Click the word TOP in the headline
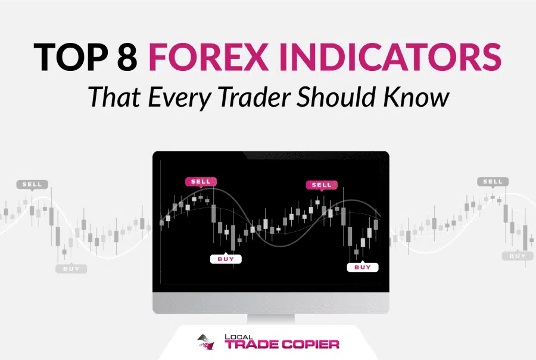[x=71, y=57]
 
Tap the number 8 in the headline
[x=127, y=57]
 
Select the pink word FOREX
[x=208, y=57]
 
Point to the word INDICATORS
[x=390, y=57]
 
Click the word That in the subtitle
[x=114, y=97]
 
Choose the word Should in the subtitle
[x=336, y=97]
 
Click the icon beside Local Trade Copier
[x=207, y=342]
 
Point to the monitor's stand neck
[x=270, y=319]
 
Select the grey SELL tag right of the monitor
[x=493, y=182]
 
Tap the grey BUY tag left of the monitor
[x=71, y=269]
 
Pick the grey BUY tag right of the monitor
[x=518, y=256]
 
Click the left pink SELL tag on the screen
[x=201, y=182]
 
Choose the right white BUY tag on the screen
[x=362, y=267]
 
